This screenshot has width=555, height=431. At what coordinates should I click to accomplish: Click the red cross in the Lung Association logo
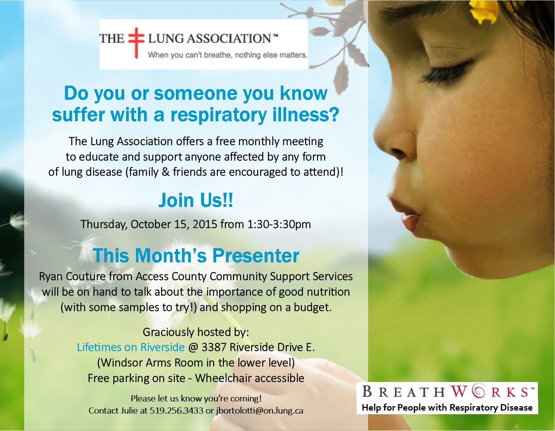pyautogui.click(x=136, y=42)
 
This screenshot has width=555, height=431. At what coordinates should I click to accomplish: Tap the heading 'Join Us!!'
pyautogui.click(x=196, y=200)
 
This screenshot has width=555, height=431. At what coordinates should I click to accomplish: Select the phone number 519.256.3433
pyautogui.click(x=176, y=411)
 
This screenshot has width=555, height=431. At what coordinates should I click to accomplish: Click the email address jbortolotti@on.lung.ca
pyautogui.click(x=260, y=411)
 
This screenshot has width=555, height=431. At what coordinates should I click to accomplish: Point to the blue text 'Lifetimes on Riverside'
pyautogui.click(x=131, y=347)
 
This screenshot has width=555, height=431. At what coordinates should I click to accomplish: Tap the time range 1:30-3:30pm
pyautogui.click(x=279, y=224)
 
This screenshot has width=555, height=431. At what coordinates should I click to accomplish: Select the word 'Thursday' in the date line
pyautogui.click(x=104, y=224)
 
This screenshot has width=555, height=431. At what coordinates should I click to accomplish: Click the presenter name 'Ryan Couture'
pyautogui.click(x=72, y=276)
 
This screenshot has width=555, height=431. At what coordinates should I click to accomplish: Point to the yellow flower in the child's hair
pyautogui.click(x=483, y=11)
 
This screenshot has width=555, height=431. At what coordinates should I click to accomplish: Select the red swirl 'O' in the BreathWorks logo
pyautogui.click(x=478, y=391)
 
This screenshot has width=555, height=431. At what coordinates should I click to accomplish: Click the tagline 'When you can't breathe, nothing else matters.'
pyautogui.click(x=228, y=55)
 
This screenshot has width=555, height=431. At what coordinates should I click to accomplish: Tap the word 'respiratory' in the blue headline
pyautogui.click(x=219, y=116)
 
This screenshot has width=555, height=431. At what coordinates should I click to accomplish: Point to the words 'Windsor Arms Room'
pyautogui.click(x=150, y=362)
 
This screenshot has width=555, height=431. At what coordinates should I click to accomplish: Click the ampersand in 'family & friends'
pyautogui.click(x=166, y=172)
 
